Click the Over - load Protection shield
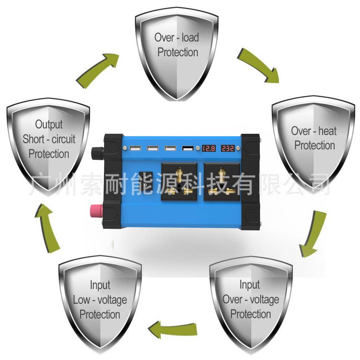coord(177,53)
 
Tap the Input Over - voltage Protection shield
coord(251,302)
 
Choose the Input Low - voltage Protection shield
coord(100,302)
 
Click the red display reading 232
coord(228,148)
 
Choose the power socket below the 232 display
coord(222,182)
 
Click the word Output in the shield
coord(49,124)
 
